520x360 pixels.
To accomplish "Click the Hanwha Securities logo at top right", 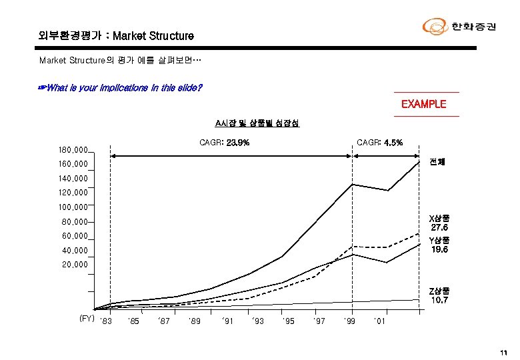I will click(x=459, y=27).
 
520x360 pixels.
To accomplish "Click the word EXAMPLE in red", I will click(x=423, y=104).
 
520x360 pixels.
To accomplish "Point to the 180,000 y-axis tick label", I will click(x=72, y=151).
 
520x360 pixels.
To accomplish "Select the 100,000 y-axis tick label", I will click(x=72, y=207).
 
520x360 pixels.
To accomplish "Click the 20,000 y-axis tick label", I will click(x=72, y=265).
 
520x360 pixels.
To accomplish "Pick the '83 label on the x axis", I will click(x=105, y=322).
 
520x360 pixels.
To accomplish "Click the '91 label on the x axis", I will click(x=227, y=322).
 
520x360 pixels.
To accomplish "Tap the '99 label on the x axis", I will click(x=349, y=322).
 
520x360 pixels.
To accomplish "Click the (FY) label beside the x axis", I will click(x=87, y=319).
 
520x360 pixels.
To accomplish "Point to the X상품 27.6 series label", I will click(x=439, y=223).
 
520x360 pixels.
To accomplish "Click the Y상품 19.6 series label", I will click(x=439, y=245).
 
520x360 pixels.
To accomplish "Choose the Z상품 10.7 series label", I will click(x=439, y=295).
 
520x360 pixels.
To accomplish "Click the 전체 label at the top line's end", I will click(x=437, y=162).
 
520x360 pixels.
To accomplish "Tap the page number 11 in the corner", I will click(x=503, y=353).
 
